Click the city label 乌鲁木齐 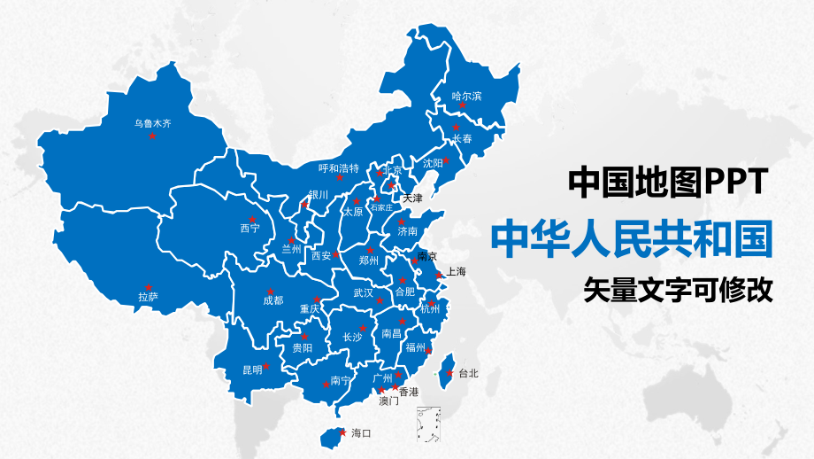152,124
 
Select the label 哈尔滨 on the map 466,96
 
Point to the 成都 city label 273,300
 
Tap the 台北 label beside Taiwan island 468,374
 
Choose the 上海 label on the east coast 456,271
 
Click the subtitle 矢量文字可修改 678,290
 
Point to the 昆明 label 252,370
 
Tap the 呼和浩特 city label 339,167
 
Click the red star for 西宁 251,218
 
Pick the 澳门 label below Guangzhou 388,401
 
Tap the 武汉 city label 363,292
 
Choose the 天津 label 412,198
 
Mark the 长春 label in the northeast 463,139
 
